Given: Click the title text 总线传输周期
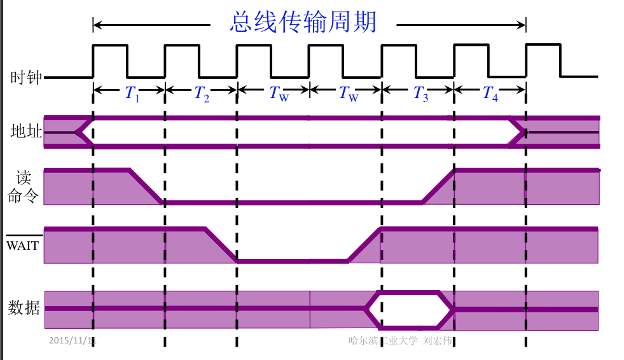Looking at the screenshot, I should pos(303,22).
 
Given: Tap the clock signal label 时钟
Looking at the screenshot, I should pos(26,78).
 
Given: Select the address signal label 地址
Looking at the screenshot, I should pos(26,132).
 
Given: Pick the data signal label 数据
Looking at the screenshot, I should pos(24,308).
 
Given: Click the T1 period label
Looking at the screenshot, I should pos(132,94).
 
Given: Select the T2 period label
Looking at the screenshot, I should pos(202,94).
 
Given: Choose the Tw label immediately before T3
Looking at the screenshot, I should pos(349,94).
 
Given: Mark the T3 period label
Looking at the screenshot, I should pos(420,94).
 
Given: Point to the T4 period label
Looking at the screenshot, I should pos(489,93).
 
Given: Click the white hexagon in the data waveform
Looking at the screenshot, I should pos(410,308).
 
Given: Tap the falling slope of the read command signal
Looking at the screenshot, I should pos(146,186).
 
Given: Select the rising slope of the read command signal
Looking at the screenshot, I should pos(438,186).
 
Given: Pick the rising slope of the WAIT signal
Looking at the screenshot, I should pos(364,245).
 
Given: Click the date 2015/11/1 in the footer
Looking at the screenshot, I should pos(72,340).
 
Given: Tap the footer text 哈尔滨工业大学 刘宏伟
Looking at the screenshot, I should pos(400,340).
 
